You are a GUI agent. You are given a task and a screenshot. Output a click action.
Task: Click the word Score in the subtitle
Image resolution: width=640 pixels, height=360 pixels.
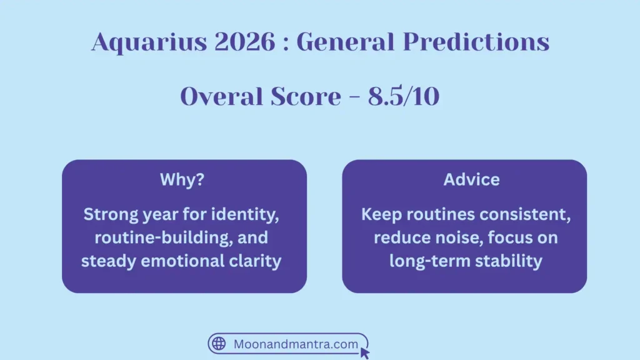(x=297, y=97)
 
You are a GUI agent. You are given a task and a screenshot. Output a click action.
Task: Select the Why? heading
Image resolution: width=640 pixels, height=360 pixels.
(x=182, y=180)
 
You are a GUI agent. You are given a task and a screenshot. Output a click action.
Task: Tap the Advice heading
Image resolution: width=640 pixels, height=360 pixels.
(x=471, y=180)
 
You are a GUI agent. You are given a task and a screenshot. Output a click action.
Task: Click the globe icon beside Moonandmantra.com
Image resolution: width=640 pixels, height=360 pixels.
(x=219, y=344)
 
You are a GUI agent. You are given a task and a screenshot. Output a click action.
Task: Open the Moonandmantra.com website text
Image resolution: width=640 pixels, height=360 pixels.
(x=296, y=344)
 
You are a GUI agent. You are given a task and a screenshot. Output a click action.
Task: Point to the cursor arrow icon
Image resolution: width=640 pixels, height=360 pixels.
(x=365, y=353)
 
